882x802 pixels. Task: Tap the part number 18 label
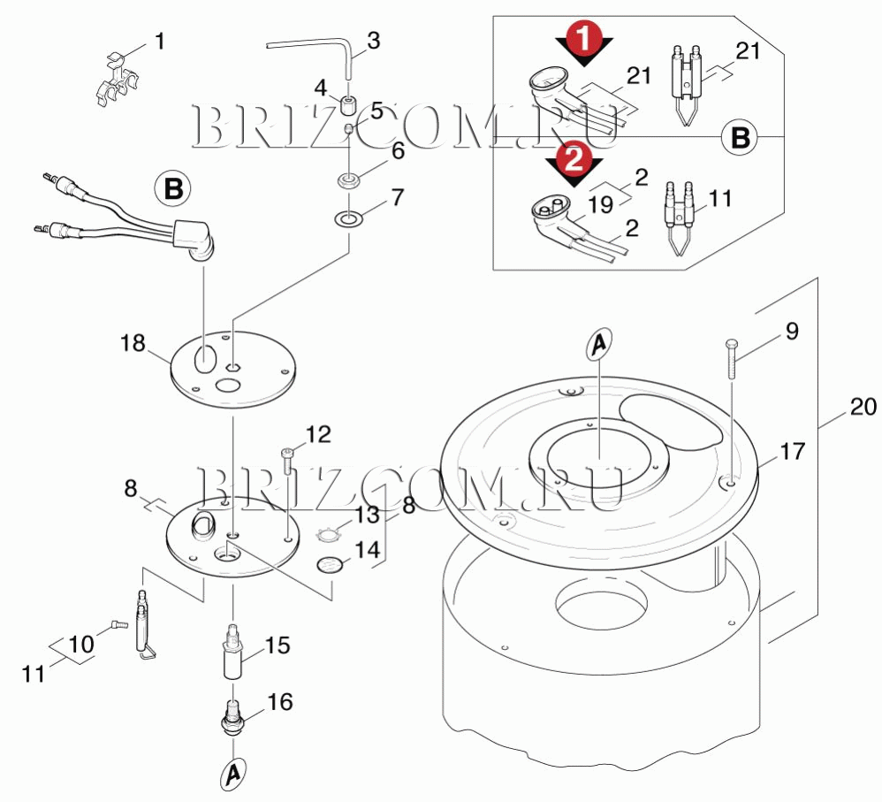click(x=133, y=342)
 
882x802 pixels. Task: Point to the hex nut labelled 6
click(x=348, y=180)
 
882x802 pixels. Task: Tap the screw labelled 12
click(x=287, y=459)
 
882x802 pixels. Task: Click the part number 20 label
click(x=863, y=407)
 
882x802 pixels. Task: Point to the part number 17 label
click(x=793, y=451)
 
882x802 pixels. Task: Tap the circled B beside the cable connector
click(x=172, y=189)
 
